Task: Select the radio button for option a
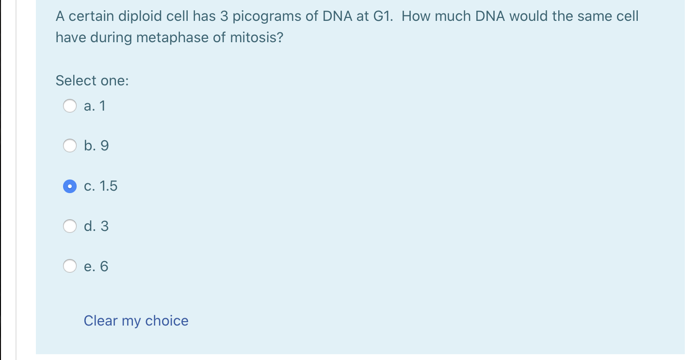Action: click(x=70, y=106)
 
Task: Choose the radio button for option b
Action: click(x=70, y=146)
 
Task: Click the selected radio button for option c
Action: click(x=70, y=186)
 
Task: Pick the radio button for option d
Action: click(x=70, y=226)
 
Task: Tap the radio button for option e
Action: click(x=70, y=266)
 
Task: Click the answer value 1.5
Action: click(x=108, y=186)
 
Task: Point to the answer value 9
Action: click(x=104, y=146)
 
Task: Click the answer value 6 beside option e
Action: click(x=104, y=266)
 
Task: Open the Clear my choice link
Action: click(x=136, y=321)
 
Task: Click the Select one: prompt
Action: click(x=92, y=81)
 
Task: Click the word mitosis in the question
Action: click(x=259, y=37)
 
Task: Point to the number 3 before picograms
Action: click(x=224, y=16)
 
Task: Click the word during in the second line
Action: click(x=110, y=38)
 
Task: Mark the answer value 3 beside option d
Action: click(x=104, y=226)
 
